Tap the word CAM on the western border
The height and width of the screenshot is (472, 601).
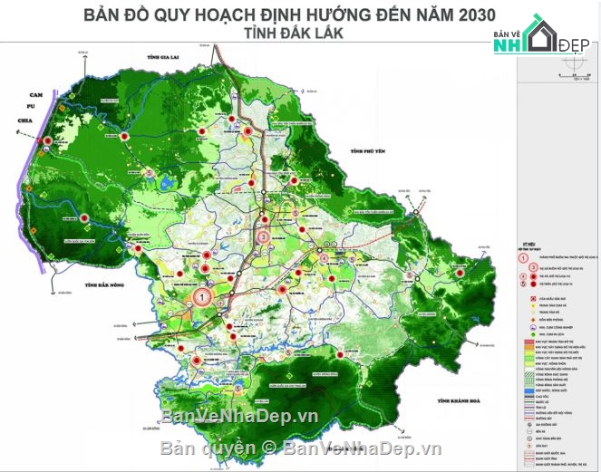pos(37,95)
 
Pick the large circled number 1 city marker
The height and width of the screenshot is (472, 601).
pos(202,295)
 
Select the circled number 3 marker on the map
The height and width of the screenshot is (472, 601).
pos(262,237)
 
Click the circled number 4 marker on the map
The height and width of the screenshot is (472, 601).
pos(325,256)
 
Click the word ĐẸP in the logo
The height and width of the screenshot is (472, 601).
pos(572,41)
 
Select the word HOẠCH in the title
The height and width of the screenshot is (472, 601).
pos(215,14)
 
